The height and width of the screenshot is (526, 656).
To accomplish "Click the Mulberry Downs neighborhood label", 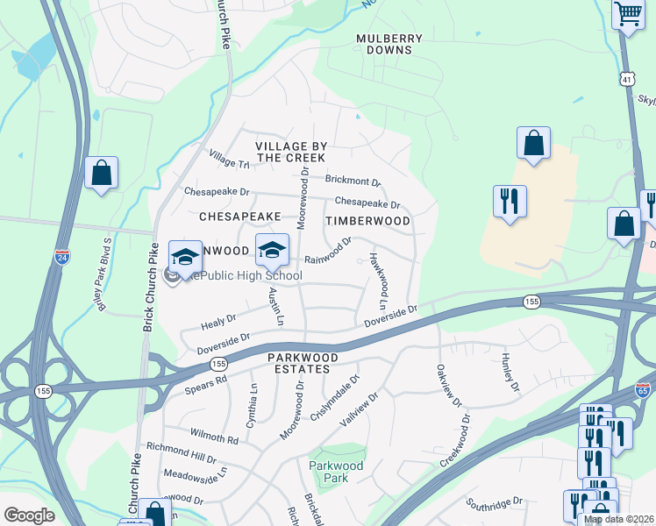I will click(389, 45).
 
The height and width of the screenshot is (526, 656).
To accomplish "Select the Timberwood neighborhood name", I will click(367, 222).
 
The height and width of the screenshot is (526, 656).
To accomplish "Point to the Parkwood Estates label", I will click(310, 364).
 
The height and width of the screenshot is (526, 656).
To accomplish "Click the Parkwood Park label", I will click(329, 472).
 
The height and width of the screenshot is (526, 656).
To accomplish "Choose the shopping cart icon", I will click(628, 15).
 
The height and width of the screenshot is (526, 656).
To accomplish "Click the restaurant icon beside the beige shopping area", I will click(510, 201).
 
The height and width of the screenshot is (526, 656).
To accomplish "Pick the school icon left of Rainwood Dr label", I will click(272, 250).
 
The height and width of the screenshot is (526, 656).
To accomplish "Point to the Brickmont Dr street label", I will click(353, 181).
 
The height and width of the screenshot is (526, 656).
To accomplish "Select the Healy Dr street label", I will click(219, 322).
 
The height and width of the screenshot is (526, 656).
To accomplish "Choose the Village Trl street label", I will click(229, 158).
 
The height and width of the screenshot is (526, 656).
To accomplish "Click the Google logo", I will click(29, 515).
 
